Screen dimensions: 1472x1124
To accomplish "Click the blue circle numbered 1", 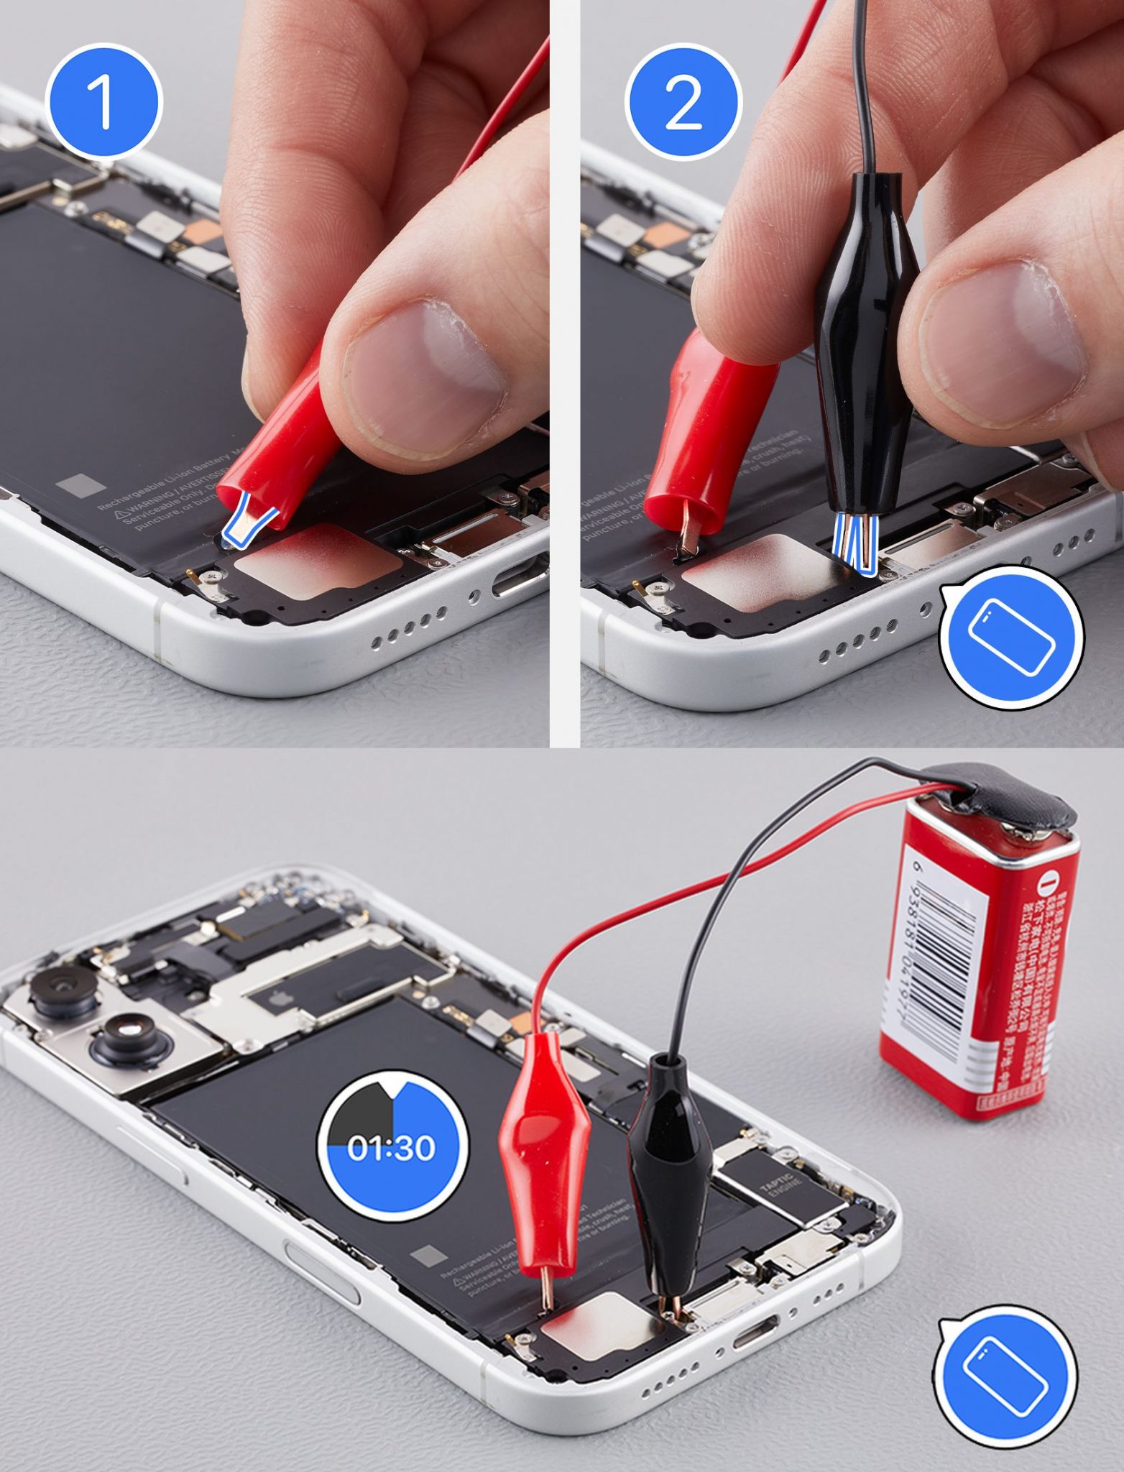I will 103,101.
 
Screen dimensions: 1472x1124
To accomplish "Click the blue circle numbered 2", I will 683,101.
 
